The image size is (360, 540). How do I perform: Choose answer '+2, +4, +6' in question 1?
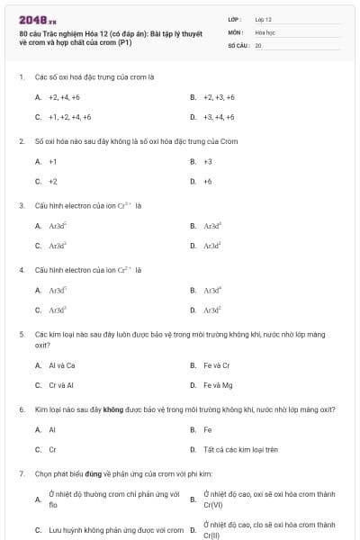pyautogui.click(x=64, y=96)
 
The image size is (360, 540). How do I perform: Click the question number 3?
pyautogui.click(x=21, y=205)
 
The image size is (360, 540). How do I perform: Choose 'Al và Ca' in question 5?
pyautogui.click(x=62, y=365)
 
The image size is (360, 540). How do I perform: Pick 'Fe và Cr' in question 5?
pyautogui.click(x=217, y=365)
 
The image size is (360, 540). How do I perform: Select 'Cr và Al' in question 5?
pyautogui.click(x=62, y=385)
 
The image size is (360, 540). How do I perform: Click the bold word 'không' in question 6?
pyautogui.click(x=112, y=409)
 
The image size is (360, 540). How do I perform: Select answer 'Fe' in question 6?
pyautogui.click(x=208, y=429)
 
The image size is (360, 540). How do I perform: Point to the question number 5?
pyautogui.click(x=21, y=334)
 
